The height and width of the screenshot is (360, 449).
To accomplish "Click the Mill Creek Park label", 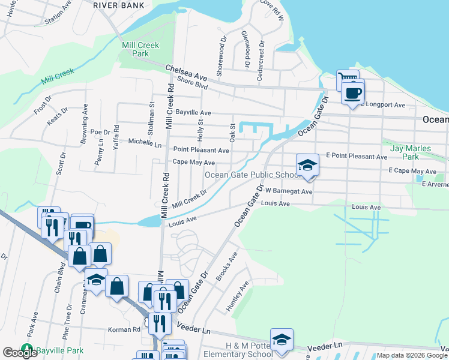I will (x=134, y=49).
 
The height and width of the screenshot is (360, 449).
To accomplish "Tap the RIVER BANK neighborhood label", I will (x=119, y=5).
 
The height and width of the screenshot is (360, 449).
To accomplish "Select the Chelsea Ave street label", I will (x=186, y=74).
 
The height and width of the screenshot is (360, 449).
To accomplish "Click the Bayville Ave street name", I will (x=193, y=112).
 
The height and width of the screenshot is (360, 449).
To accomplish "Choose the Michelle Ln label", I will (x=145, y=144).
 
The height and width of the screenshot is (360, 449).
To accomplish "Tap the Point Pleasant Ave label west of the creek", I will (x=201, y=150).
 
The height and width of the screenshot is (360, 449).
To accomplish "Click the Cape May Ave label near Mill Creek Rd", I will (x=193, y=163).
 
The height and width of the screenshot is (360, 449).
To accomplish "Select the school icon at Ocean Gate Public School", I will (x=307, y=165).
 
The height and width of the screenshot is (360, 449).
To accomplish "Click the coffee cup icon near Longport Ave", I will (x=352, y=93).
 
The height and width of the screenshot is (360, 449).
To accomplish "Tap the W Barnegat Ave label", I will (x=289, y=191).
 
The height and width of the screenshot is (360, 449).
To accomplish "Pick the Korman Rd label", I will (x=124, y=329).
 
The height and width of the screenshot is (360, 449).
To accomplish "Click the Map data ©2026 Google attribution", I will (x=412, y=355).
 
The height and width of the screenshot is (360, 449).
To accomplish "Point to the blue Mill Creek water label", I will (x=58, y=76).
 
